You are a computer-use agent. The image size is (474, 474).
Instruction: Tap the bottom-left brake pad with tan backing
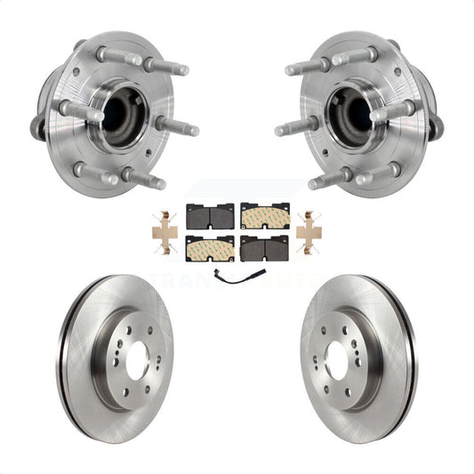tap(211, 249)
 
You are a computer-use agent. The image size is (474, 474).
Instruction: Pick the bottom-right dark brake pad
tap(264, 249)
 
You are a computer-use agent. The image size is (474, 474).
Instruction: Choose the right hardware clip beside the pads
tap(309, 232)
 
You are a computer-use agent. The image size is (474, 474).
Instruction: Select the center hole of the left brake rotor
tap(138, 360)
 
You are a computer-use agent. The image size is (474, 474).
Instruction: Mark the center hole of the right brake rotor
tap(336, 360)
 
